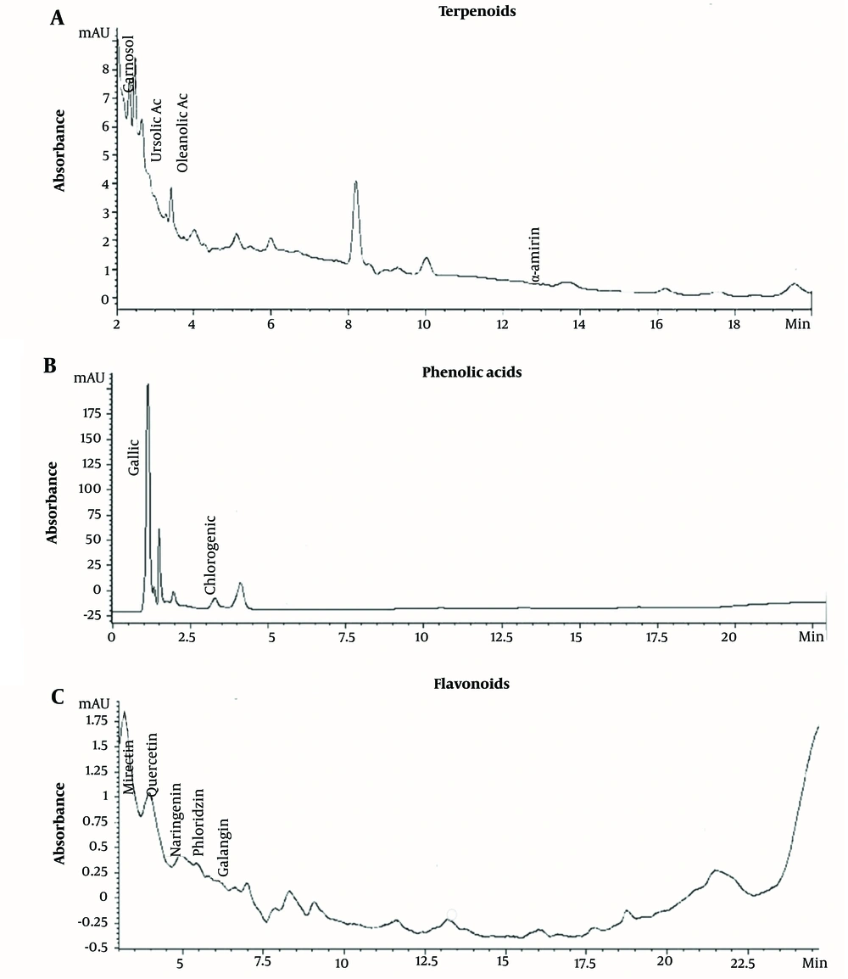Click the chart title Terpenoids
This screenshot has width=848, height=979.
(x=465, y=12)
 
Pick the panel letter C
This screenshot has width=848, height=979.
(x=57, y=697)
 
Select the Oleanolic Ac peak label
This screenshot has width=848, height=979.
(x=181, y=129)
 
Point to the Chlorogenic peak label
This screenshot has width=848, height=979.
(x=210, y=554)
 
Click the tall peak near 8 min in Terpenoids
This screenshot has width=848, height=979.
(x=356, y=182)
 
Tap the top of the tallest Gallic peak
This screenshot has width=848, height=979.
(x=148, y=384)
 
